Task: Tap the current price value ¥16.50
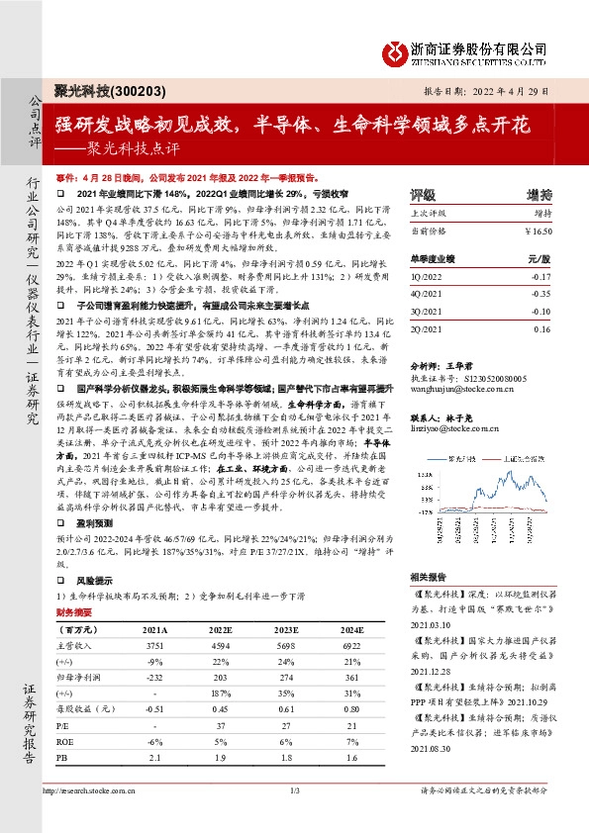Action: pos(535,230)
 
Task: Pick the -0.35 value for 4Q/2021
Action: pos(541,294)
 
